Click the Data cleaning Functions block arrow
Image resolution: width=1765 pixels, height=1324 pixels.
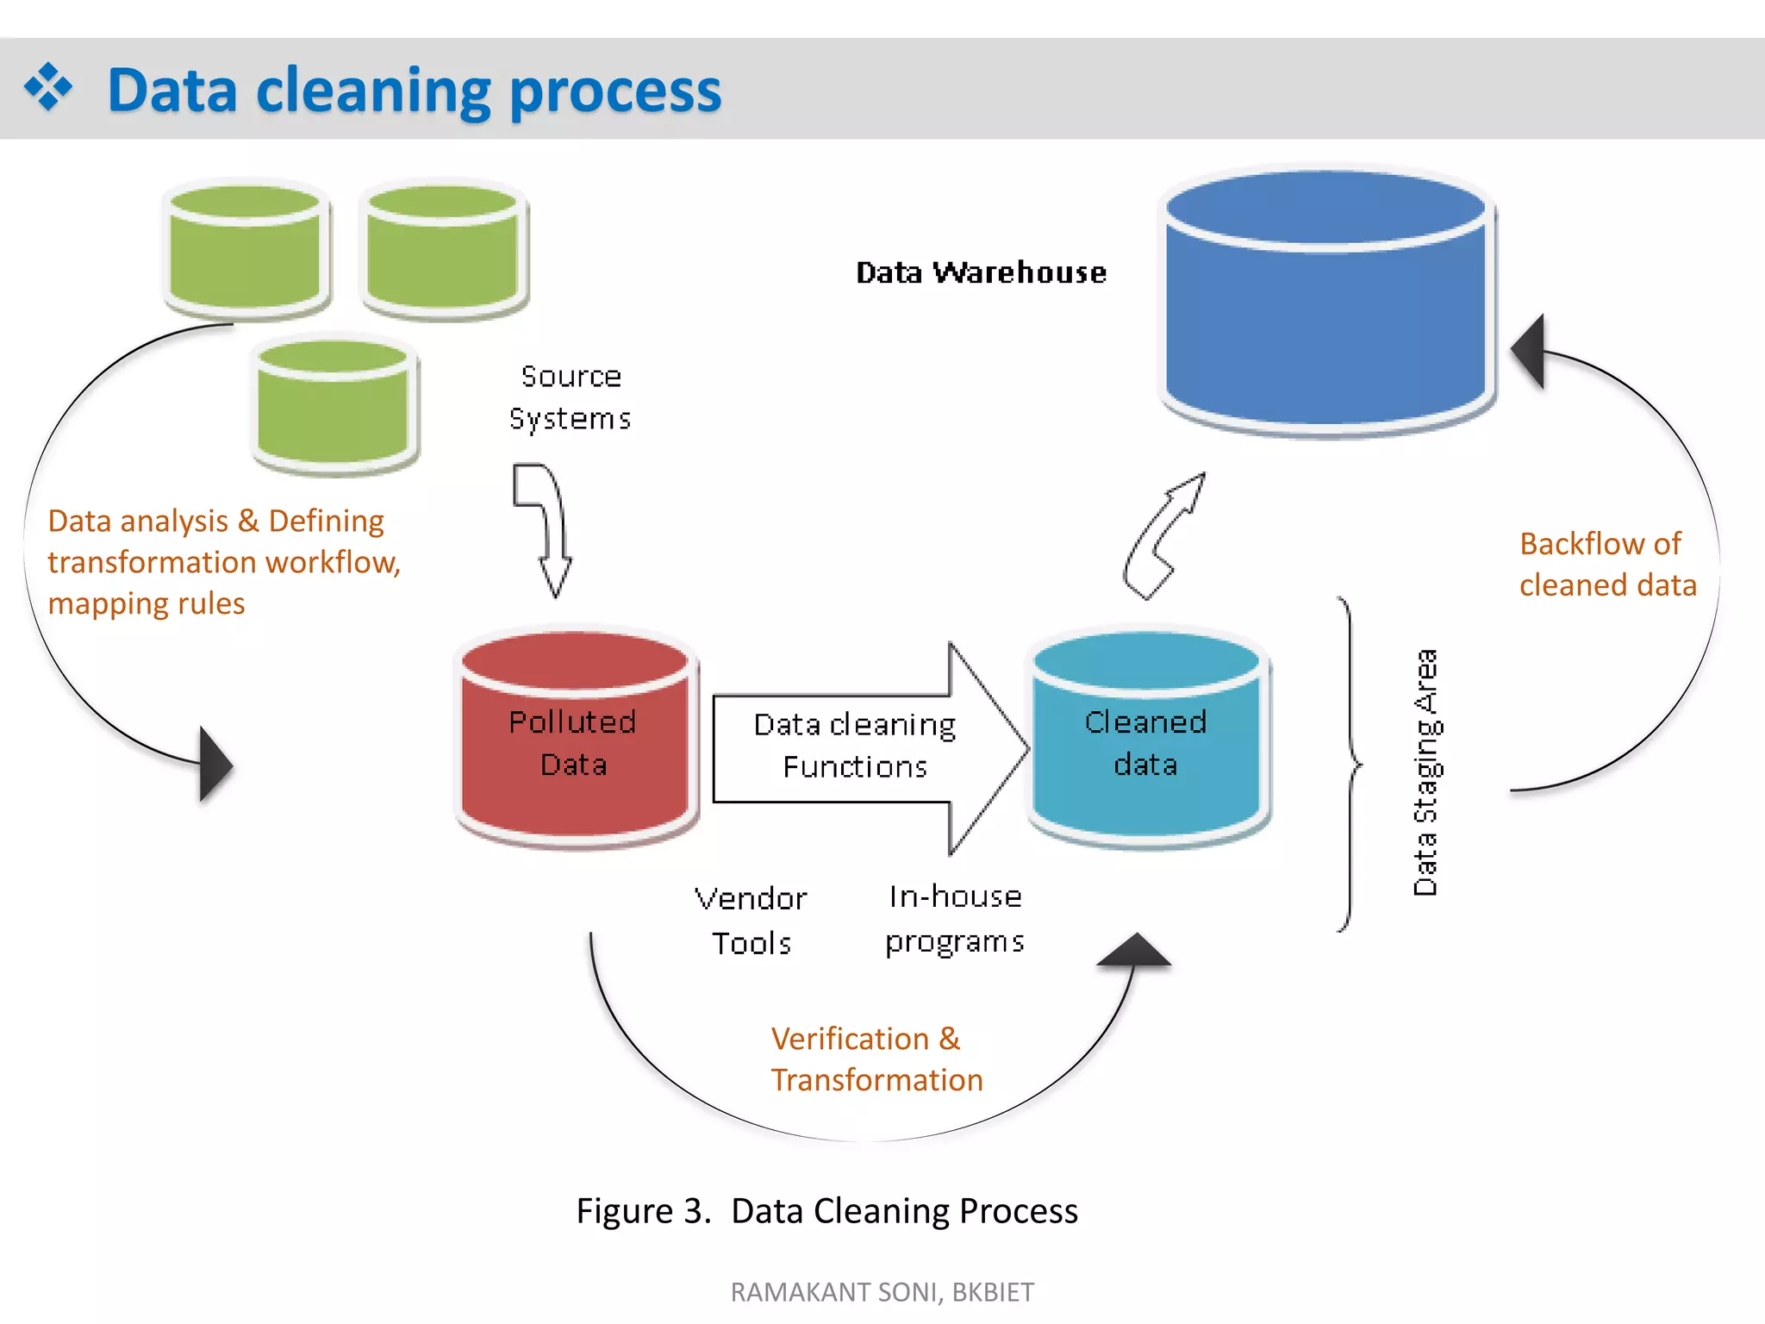871,748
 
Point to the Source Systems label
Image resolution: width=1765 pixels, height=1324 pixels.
571,397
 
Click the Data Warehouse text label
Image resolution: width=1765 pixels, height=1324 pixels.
981,272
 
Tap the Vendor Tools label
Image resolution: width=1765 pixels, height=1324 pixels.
751,921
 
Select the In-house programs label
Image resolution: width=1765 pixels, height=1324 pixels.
955,920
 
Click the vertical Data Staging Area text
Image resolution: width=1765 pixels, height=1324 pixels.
1425,772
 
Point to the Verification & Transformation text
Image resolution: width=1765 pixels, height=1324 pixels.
876,1059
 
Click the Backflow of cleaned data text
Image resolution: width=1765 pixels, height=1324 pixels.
1607,565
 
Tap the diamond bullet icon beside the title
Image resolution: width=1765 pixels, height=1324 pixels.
48,87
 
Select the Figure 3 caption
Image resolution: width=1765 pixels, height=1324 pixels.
827,1211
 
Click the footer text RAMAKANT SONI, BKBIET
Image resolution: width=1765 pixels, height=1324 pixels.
882,1292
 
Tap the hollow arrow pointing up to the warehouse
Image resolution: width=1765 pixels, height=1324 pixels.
1163,536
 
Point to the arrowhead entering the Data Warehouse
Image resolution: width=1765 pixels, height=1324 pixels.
1527,351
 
